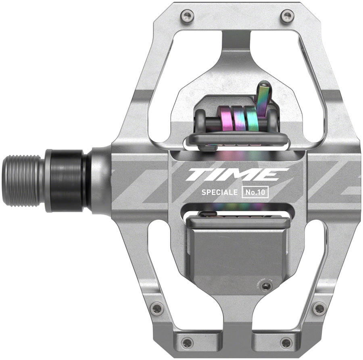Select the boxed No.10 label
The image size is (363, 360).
255,192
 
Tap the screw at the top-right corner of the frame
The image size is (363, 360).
287,16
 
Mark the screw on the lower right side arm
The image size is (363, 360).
319,309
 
